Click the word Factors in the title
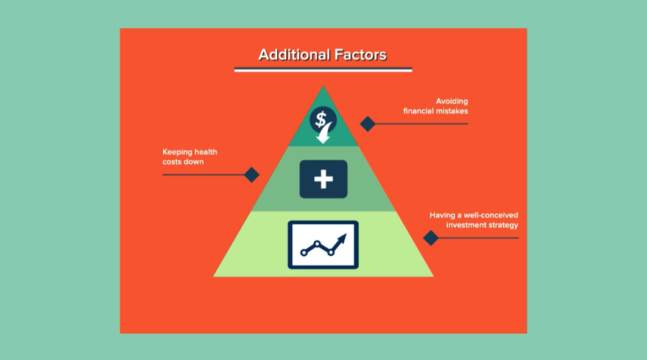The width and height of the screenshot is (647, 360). [x=361, y=55]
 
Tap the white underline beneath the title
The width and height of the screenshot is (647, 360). [x=323, y=70]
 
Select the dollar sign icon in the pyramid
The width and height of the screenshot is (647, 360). [x=321, y=119]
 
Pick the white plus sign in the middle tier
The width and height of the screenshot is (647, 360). [x=323, y=179]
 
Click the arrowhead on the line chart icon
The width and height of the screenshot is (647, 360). [x=342, y=239]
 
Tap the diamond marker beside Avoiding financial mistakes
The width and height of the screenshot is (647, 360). [x=367, y=124]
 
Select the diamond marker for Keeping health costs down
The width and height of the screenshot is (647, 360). [x=252, y=175]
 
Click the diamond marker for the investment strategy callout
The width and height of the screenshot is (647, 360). [x=431, y=238]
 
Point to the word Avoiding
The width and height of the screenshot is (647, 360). [x=452, y=101]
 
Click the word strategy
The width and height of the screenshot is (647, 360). [x=503, y=225]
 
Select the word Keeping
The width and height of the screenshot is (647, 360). [x=177, y=152]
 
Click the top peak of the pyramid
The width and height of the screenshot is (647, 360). [x=323, y=86]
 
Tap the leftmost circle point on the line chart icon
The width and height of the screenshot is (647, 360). [x=303, y=252]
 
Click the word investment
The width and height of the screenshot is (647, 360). [x=466, y=225]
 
